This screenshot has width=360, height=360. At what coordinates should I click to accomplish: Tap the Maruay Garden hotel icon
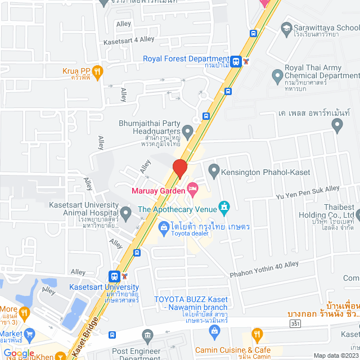tap(193, 190)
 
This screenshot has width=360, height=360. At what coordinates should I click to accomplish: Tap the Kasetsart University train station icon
tap(114, 276)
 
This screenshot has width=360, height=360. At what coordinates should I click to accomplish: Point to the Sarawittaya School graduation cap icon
tap(286, 28)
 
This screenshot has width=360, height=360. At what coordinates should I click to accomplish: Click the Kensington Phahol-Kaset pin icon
tap(214, 169)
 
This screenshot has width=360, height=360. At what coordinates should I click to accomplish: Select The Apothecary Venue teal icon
tap(224, 209)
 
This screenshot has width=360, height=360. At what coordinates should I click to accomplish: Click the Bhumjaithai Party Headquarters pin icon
tap(188, 132)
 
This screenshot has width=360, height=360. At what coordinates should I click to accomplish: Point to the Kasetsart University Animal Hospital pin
tap(126, 212)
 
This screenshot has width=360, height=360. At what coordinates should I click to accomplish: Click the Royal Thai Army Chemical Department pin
tap(277, 75)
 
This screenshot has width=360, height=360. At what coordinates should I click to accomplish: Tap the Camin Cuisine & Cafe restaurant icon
tap(257, 334)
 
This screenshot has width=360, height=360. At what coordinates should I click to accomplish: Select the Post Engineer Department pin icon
tap(147, 335)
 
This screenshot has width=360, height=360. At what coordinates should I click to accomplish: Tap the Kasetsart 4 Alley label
tap(128, 40)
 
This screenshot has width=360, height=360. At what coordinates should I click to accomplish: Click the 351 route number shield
tap(295, 324)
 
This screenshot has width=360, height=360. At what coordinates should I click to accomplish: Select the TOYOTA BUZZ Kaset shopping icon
tap(214, 332)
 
